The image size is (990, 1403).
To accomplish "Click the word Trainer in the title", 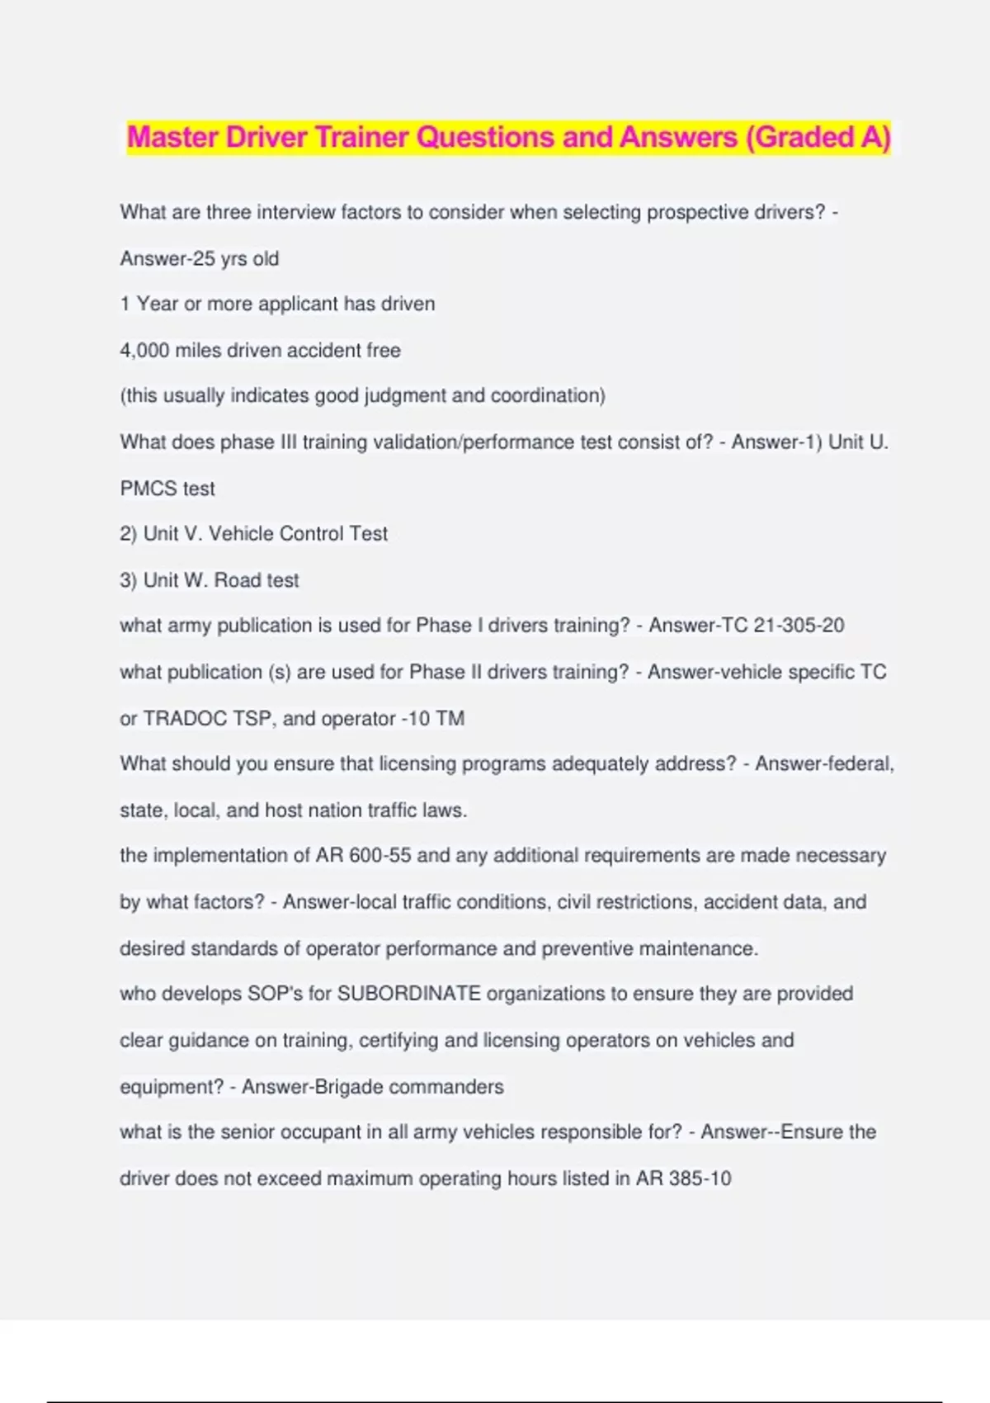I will click(361, 137).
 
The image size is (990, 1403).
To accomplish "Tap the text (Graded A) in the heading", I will click(818, 137).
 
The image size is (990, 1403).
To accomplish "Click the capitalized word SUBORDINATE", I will click(409, 994).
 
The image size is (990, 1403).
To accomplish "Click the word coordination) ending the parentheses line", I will click(548, 396).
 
